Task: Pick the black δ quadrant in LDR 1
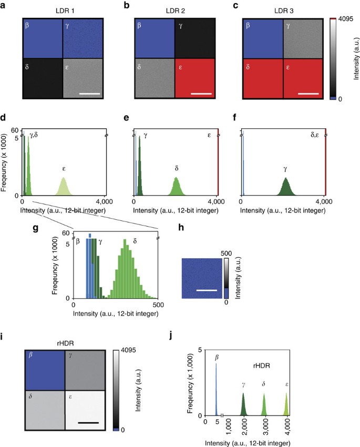[42, 78]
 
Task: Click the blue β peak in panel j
[215, 389]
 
